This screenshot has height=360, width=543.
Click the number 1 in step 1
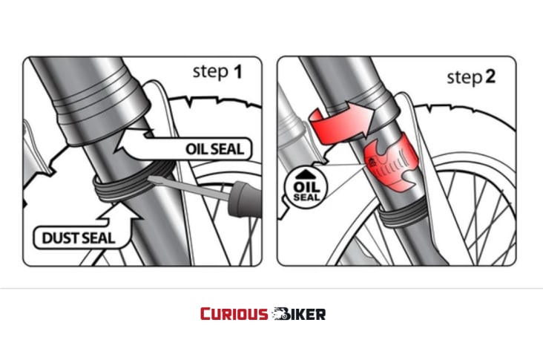[x=237, y=72]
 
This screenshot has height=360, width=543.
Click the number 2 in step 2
[x=490, y=77]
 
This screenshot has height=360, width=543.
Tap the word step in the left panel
[x=210, y=72]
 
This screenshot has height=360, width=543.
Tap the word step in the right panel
[x=464, y=78]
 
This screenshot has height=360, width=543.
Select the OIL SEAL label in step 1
[x=214, y=149]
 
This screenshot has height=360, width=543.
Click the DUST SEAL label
[x=79, y=238]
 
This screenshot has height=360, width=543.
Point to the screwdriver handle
[x=244, y=200]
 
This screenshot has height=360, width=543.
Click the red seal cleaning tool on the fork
[x=392, y=162]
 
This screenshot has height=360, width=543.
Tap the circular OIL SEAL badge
[x=306, y=188]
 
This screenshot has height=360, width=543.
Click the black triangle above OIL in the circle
[x=306, y=174]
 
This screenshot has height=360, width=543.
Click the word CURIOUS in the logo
[x=234, y=314]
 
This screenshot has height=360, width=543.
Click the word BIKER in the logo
[x=299, y=314]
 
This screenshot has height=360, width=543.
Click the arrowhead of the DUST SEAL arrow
[x=120, y=212]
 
